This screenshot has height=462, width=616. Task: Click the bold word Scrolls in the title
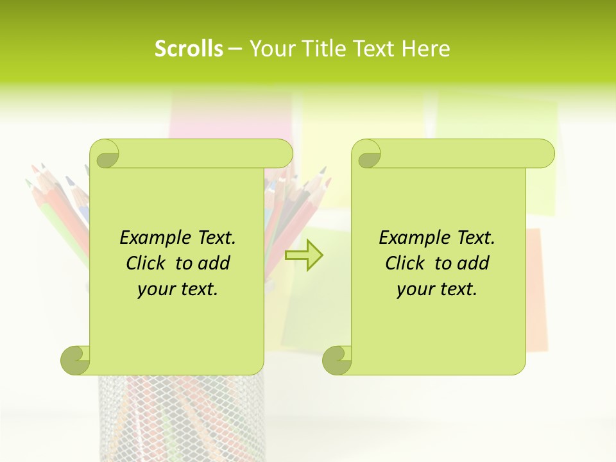coord(189,49)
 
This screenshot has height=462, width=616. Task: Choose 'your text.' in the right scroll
coord(437,289)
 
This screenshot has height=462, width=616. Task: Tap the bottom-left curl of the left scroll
coord(76,359)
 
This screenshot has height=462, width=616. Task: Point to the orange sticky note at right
coord(538,289)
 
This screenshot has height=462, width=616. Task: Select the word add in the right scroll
coord(475,263)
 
